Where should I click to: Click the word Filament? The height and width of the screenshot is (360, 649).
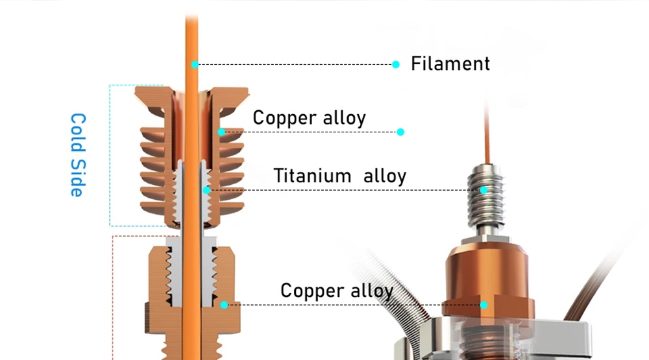[x=450, y=64]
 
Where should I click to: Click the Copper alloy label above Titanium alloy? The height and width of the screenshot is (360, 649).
[x=309, y=117]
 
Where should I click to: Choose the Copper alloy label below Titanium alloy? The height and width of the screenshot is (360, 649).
[x=336, y=290]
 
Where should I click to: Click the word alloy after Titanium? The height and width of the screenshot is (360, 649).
[x=385, y=176]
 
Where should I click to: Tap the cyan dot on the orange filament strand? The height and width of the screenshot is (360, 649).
[x=194, y=64]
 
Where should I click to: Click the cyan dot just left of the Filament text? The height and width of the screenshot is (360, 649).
[x=395, y=64]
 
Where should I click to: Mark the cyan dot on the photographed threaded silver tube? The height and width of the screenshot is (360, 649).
[x=484, y=190]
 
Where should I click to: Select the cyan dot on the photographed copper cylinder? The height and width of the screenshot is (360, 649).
[x=484, y=304]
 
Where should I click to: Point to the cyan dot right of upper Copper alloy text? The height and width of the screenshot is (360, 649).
[x=400, y=132]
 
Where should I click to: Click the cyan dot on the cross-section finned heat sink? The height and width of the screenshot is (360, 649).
[x=221, y=132]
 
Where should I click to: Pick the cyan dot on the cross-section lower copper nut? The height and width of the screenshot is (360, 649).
[x=224, y=304]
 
